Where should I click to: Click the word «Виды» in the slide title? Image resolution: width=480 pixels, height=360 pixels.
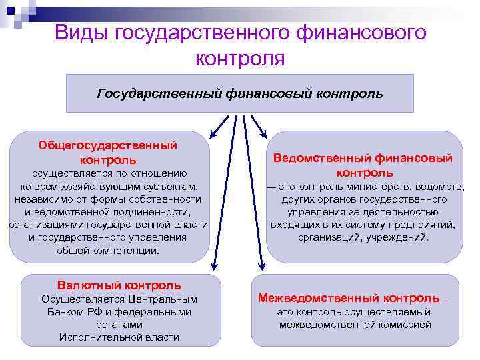(81, 32)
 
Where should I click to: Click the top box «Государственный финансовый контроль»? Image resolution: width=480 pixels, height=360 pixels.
(240, 93)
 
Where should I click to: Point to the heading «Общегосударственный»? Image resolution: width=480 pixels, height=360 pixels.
(107, 145)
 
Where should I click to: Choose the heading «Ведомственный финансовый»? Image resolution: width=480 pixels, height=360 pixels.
(364, 158)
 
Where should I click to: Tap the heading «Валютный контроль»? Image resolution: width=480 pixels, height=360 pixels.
(119, 285)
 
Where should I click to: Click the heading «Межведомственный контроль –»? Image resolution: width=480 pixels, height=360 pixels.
(353, 297)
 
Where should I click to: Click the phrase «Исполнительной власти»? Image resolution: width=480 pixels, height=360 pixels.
(119, 337)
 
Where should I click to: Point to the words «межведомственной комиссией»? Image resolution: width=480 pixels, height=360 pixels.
(355, 325)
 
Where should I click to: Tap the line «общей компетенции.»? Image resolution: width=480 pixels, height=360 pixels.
(109, 251)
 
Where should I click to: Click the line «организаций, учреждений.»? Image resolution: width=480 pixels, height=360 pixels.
(364, 237)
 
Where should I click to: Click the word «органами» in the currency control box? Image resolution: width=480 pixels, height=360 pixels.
(119, 325)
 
